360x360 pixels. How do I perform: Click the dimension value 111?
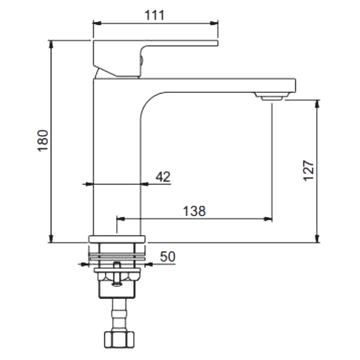155,16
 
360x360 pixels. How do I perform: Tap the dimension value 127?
308,170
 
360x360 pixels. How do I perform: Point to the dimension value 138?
194,211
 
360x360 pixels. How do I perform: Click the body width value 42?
163,176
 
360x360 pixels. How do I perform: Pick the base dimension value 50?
167,256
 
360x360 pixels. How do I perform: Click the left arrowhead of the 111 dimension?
96,24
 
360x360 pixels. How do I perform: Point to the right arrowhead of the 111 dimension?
214,24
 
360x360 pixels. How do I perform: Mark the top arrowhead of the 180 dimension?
52,44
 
